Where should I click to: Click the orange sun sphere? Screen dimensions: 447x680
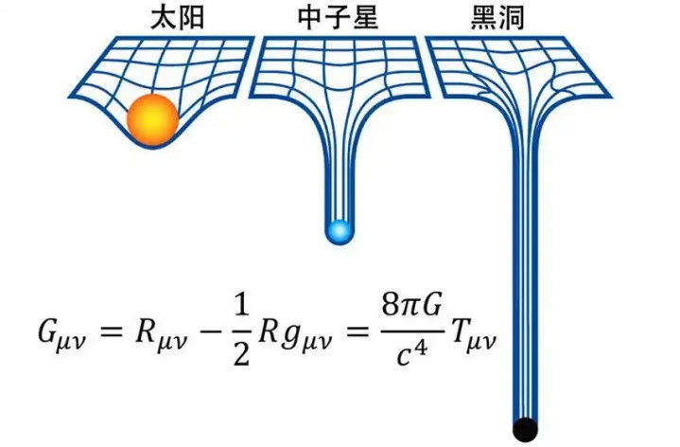click(153, 118)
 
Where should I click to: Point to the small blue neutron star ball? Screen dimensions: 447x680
click(338, 231)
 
